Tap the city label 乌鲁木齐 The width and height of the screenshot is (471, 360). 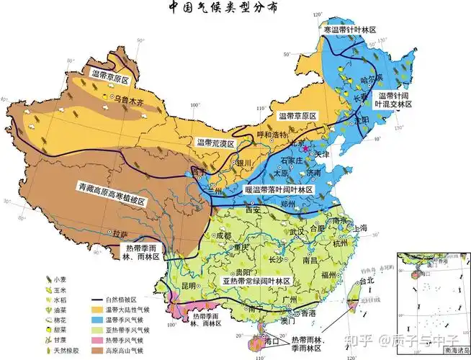131,101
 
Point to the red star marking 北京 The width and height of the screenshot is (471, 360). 306,147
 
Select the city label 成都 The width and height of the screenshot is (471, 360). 223,236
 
